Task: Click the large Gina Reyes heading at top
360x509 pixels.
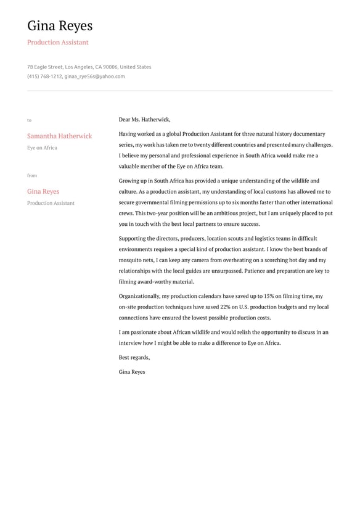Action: click(60, 26)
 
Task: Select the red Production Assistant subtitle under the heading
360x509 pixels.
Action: click(57, 43)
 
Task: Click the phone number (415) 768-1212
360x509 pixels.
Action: click(44, 77)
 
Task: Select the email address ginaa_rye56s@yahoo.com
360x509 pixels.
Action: click(95, 77)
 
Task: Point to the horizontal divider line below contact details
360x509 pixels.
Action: click(179, 91)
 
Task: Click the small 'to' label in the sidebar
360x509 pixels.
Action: click(29, 120)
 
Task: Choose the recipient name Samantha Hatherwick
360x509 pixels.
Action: click(59, 136)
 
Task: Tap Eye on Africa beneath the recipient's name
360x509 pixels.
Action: click(42, 148)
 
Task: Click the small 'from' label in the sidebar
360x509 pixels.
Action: click(32, 176)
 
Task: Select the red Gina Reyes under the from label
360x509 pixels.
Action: click(43, 191)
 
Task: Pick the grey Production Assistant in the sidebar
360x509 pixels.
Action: click(51, 203)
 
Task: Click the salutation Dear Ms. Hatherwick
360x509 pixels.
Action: click(144, 120)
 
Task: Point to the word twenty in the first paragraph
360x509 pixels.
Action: click(203, 145)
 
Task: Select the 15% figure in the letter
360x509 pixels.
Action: click(269, 296)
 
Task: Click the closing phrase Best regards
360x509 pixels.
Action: click(134, 357)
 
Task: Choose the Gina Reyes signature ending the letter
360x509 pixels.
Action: click(132, 372)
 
